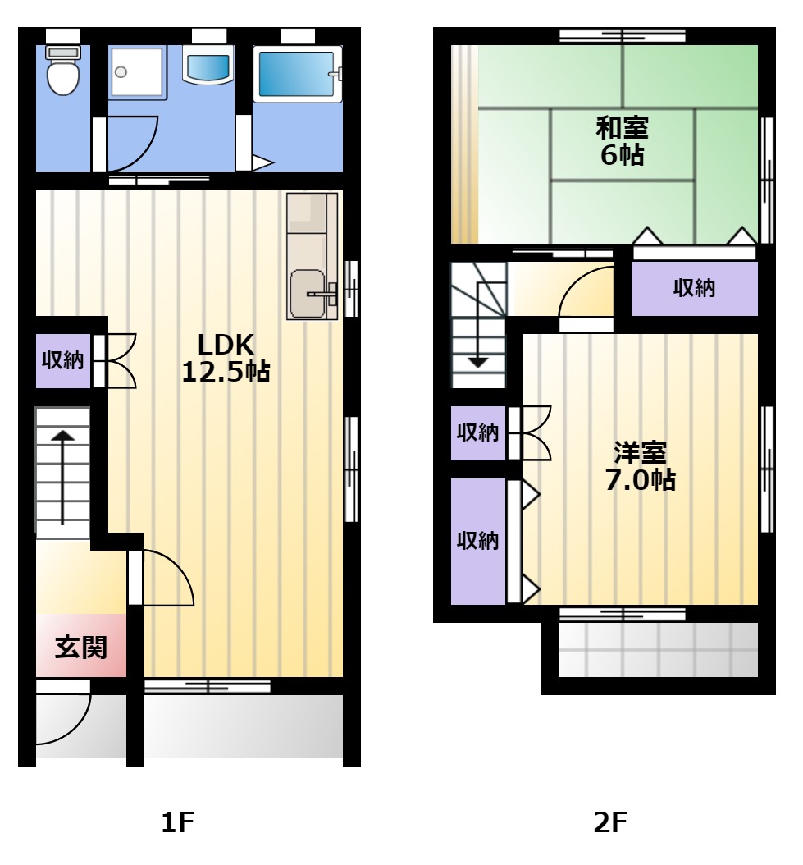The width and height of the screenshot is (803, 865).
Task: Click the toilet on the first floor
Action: click(x=63, y=70)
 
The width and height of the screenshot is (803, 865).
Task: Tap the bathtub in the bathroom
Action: click(x=297, y=74)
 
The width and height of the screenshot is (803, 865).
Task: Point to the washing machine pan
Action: click(x=137, y=73)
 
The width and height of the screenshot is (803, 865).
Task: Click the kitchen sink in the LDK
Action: click(x=308, y=294)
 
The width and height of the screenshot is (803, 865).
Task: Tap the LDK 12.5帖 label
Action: click(x=226, y=358)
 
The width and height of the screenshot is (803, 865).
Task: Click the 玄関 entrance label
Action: click(x=81, y=648)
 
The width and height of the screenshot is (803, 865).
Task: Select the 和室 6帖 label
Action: click(x=622, y=141)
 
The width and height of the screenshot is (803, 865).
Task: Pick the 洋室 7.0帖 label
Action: click(x=641, y=466)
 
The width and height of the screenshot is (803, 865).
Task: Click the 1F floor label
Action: click(x=178, y=822)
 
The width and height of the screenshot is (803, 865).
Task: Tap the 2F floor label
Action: click(x=610, y=822)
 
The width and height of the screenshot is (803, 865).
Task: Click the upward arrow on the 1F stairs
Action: click(x=63, y=477)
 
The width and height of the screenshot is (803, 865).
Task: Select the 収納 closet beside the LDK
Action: click(x=63, y=360)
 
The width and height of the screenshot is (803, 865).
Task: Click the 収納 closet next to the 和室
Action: click(x=695, y=288)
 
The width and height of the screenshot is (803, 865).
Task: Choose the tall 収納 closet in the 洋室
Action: click(x=478, y=541)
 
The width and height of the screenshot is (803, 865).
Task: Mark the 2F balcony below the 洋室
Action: click(x=659, y=650)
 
